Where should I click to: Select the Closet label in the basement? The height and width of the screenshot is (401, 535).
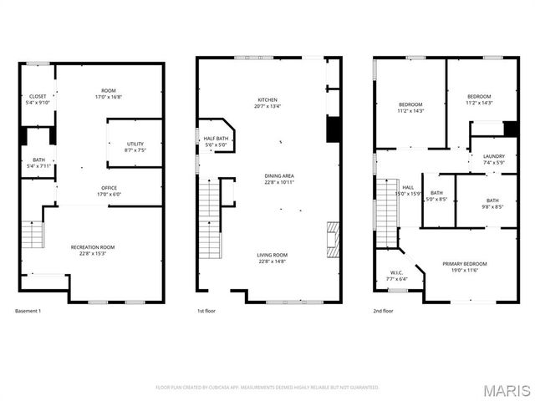point(38,96)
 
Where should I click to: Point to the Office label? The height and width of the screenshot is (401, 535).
point(109,188)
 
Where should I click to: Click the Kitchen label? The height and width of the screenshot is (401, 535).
point(267,99)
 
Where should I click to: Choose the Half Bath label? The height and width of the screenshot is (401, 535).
point(216,138)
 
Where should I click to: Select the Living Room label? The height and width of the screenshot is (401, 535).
point(272,255)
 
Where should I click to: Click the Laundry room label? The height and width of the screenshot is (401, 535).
point(494,156)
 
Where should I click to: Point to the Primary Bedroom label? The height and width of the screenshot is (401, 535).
point(464,263)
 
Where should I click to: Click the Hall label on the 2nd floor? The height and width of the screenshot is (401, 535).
point(407,188)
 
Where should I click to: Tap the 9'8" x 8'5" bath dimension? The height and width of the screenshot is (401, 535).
point(492,206)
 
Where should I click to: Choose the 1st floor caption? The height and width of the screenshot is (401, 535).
point(206,312)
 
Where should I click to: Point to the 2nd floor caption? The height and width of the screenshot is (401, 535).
point(384,312)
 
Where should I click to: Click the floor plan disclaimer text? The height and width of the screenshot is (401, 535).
point(267,387)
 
